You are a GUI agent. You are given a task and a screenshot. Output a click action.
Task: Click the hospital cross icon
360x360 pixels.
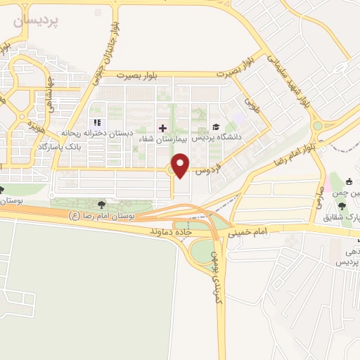[x=164, y=128]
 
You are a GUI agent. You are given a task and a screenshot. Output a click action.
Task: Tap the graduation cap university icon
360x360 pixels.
[x=215, y=127]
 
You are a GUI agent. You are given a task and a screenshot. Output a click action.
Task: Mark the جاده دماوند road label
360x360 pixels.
[x=171, y=230]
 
